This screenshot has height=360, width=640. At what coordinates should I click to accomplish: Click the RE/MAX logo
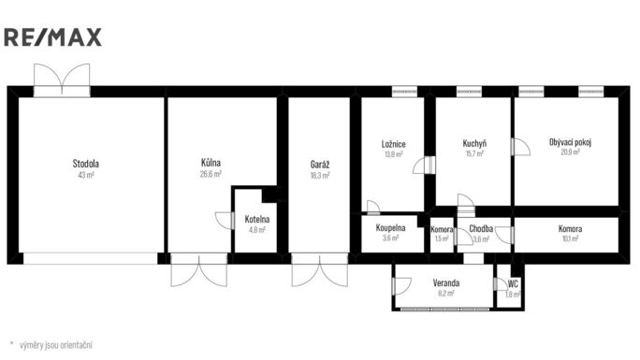(52, 37)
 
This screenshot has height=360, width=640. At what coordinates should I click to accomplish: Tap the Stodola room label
(86, 164)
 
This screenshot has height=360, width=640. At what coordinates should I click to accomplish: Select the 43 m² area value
(86, 175)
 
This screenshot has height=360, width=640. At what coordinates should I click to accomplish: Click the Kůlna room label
(211, 163)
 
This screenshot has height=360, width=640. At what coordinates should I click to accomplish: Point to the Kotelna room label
(257, 219)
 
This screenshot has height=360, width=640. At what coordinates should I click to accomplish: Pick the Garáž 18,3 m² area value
(320, 175)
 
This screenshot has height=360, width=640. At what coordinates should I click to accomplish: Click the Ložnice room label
(394, 144)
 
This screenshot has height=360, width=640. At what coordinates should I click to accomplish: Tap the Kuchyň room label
(474, 143)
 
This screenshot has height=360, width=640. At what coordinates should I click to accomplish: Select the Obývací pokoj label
(570, 142)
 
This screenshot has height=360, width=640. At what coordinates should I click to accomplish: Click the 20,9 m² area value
(570, 152)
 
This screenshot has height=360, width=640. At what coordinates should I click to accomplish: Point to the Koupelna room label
(390, 228)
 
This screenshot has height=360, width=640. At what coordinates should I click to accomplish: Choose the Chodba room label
(481, 228)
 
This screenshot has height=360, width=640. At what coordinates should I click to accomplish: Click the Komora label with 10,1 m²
(570, 229)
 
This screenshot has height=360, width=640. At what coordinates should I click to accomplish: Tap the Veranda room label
(446, 283)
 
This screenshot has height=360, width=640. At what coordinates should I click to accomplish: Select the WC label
(513, 283)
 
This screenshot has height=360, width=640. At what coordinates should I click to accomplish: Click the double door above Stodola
(62, 79)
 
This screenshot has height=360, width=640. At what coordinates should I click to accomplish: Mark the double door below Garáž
(320, 269)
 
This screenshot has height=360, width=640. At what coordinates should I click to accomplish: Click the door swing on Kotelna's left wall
(225, 221)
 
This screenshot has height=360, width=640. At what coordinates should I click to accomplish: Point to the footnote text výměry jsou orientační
(56, 345)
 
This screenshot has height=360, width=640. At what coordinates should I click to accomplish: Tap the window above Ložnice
(404, 92)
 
